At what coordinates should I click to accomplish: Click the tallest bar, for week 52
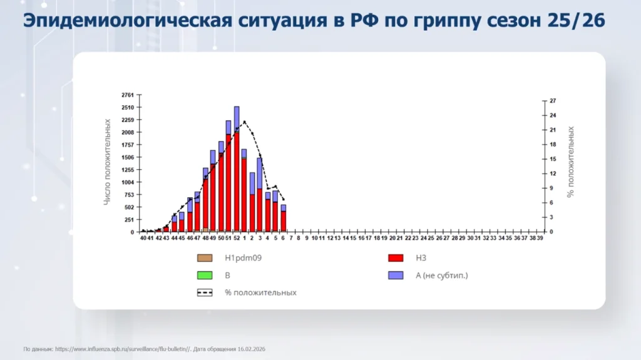pos(237,169)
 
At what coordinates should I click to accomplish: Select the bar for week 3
pos(260,194)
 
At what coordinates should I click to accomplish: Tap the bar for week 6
pos(283,219)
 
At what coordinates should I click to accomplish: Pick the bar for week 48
pos(205,200)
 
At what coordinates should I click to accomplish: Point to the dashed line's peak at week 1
pos(244,121)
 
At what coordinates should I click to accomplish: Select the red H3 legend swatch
pos(395,257)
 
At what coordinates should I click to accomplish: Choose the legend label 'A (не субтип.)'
pos(442,275)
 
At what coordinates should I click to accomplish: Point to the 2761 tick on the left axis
pos(127,95)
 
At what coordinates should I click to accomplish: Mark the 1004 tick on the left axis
pos(127,182)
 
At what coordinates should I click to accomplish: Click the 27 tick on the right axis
pos(552,101)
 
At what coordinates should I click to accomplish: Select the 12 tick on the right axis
pos(552,173)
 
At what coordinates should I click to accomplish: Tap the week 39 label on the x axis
pos(540,239)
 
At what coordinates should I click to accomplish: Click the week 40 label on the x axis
pos(143,239)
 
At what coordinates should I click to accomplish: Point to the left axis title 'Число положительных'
pos(108,162)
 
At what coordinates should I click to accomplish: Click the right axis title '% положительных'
pos(570,162)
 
